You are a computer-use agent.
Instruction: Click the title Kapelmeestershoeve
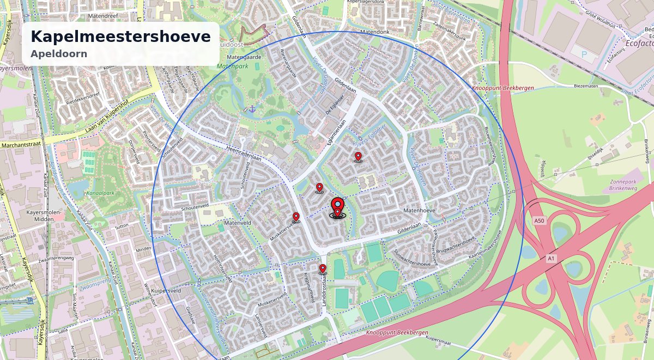point(120,36)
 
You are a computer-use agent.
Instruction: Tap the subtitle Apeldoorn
point(59,54)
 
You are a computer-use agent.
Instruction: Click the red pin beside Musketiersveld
point(296,217)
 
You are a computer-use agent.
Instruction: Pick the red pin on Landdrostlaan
point(323,269)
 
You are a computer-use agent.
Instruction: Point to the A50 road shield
point(539,221)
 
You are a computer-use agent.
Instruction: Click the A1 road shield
point(550,258)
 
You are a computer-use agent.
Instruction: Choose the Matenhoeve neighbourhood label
point(419,210)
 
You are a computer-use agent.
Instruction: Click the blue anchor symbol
point(253,109)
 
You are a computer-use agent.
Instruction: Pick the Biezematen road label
point(586,86)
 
